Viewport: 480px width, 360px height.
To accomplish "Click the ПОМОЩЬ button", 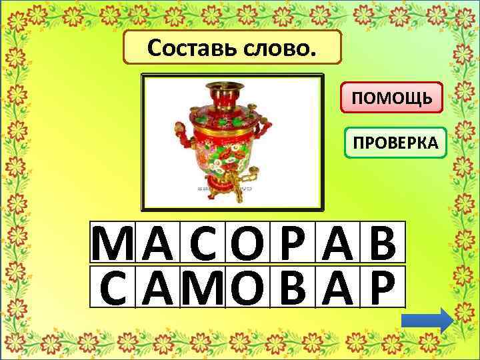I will click(392, 99).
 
